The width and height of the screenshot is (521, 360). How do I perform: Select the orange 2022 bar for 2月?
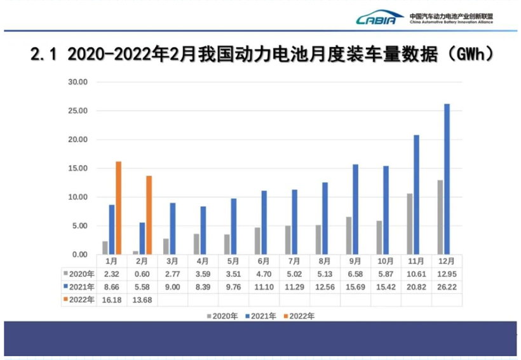point(149,215)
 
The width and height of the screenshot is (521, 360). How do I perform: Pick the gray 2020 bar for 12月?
point(440,217)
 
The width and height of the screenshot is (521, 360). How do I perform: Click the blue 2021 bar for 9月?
point(355,210)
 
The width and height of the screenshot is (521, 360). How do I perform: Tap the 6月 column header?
point(264,261)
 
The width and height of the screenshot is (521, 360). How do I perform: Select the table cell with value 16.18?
point(111,300)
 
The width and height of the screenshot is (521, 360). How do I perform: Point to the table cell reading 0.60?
point(142,274)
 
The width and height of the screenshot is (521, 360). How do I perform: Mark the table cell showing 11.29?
point(294,287)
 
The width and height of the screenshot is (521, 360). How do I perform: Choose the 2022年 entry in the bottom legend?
point(299,315)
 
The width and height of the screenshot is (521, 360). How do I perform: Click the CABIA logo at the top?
point(380,18)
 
